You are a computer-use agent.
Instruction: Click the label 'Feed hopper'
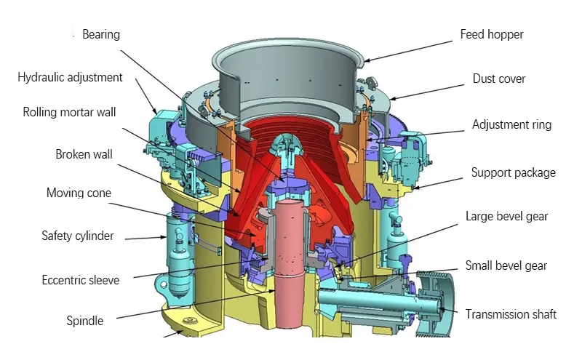tap(492, 34)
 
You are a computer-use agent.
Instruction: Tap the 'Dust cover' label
tap(499, 79)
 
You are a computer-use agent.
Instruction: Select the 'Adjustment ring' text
tap(511, 124)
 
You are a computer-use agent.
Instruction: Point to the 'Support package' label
tap(513, 172)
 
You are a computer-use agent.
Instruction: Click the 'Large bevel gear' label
tap(507, 216)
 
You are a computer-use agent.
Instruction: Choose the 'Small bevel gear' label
tap(506, 265)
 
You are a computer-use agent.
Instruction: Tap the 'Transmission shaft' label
tap(511, 314)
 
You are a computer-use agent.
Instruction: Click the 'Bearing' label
tap(101, 34)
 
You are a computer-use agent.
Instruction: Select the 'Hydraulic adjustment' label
tap(71, 77)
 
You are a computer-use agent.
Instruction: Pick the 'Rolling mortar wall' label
tap(69, 112)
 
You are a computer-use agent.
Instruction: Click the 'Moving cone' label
tap(79, 193)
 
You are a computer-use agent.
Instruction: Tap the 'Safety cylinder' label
tap(78, 236)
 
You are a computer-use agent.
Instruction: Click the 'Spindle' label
tap(85, 320)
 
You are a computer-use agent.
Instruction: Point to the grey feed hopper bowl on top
tap(291, 80)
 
